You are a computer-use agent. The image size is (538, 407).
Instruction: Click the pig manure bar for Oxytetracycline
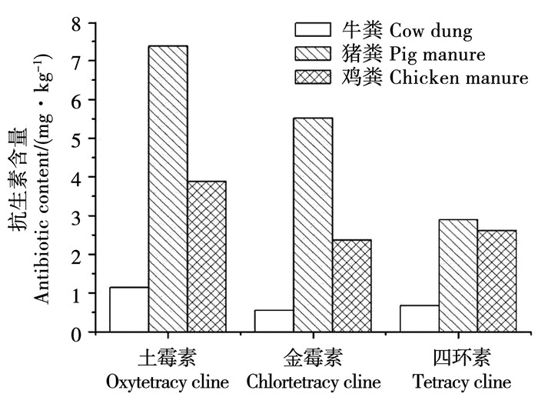168,189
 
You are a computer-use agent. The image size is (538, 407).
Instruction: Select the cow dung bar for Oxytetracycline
129,309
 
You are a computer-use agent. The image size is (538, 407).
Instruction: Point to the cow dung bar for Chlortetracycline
274,321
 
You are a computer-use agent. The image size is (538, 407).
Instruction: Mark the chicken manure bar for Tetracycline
496,281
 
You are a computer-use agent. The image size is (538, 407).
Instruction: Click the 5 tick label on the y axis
75,138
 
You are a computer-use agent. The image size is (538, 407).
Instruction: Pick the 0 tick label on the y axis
75,333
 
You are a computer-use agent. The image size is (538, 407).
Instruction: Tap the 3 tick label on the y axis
75,216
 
